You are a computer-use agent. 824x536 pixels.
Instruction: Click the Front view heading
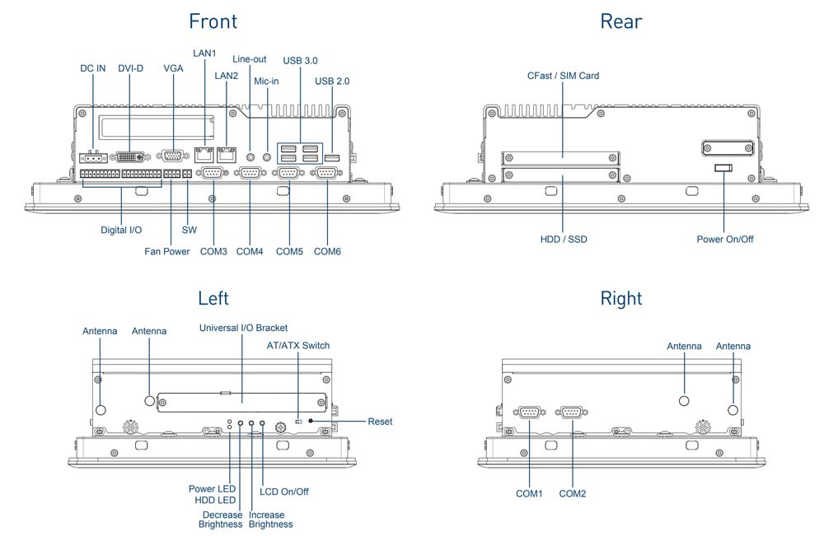click(x=213, y=21)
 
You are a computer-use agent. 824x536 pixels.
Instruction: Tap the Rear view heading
click(x=621, y=21)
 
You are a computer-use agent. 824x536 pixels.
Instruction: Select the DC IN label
click(x=92, y=68)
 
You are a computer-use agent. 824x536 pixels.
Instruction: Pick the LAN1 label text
click(x=204, y=54)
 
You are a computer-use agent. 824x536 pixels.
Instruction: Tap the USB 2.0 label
click(x=332, y=82)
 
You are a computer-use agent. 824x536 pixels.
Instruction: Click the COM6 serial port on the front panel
click(x=326, y=172)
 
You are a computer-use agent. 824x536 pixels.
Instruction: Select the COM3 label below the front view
click(x=213, y=251)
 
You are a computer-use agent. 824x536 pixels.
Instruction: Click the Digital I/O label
click(x=120, y=230)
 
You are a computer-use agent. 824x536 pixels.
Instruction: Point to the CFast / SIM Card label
click(x=564, y=76)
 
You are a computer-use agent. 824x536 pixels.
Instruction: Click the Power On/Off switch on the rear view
click(x=723, y=168)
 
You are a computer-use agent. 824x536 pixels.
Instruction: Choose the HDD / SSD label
click(x=564, y=240)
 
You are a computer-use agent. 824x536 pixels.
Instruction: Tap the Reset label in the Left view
click(x=380, y=422)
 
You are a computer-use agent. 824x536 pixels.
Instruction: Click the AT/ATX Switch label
click(x=297, y=346)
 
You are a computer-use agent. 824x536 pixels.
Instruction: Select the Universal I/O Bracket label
click(x=243, y=328)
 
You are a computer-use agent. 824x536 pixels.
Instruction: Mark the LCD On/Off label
click(x=284, y=492)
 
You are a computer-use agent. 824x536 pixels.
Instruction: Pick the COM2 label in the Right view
click(x=573, y=493)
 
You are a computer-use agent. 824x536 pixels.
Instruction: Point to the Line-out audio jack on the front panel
click(x=250, y=154)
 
